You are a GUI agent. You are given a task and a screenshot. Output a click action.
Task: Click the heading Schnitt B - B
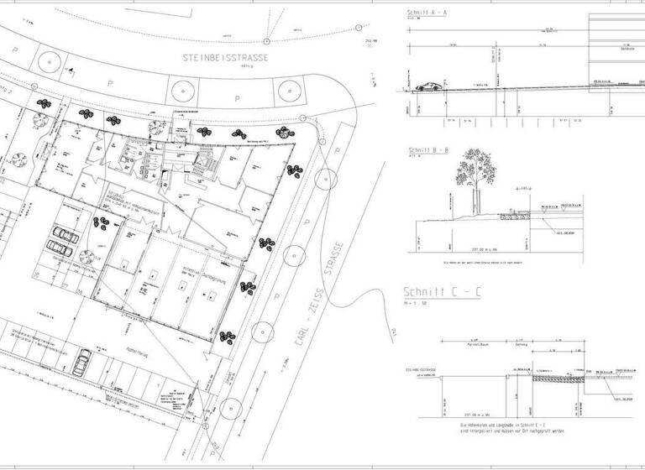[x=427, y=151]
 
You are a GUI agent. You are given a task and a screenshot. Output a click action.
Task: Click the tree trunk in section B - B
[x=476, y=204]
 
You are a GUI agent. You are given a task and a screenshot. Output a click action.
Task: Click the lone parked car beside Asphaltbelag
[x=81, y=363]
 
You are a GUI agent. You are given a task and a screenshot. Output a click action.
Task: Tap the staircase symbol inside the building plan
[x=202, y=159]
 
